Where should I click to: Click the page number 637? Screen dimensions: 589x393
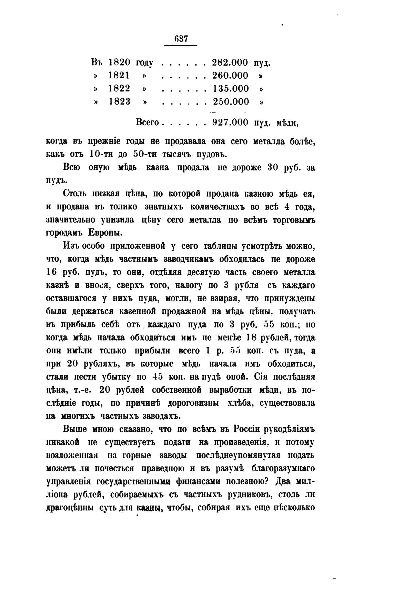pos(181,39)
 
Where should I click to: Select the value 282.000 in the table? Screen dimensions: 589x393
pos(230,62)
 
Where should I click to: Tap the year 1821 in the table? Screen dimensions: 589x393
pos(119,75)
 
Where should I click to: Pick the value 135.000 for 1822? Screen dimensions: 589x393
pos(231,88)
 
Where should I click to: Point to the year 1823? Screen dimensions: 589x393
pos(119,101)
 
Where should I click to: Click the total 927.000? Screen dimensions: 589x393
pos(230,122)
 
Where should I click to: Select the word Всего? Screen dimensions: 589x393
pos(147,122)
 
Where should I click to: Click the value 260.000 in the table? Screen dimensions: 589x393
pos(230,75)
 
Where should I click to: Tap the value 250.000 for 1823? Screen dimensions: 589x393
pos(231,101)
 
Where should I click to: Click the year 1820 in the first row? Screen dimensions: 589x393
pos(119,62)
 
